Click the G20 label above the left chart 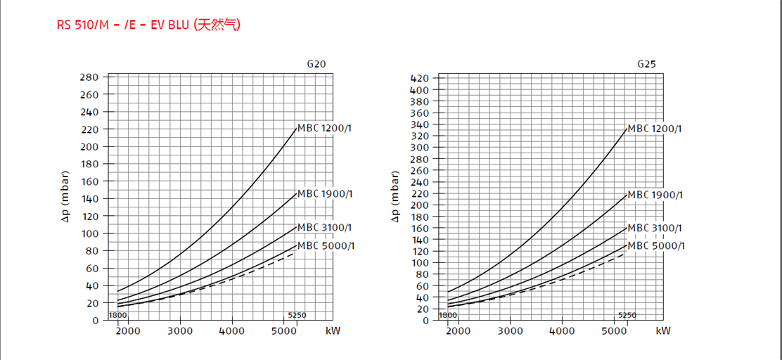point(316,64)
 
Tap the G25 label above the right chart point(647,64)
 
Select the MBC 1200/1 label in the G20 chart point(325,128)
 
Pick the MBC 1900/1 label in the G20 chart point(325,193)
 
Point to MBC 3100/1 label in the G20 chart point(325,227)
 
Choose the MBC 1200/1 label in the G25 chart point(655,129)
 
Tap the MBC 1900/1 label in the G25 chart point(655,195)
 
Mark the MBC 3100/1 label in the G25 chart point(655,228)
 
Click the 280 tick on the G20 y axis point(89,77)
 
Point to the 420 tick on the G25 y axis point(419,78)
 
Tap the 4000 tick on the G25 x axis point(562,331)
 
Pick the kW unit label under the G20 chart point(333,331)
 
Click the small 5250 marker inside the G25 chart point(627,315)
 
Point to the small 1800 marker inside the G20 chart point(117,315)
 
